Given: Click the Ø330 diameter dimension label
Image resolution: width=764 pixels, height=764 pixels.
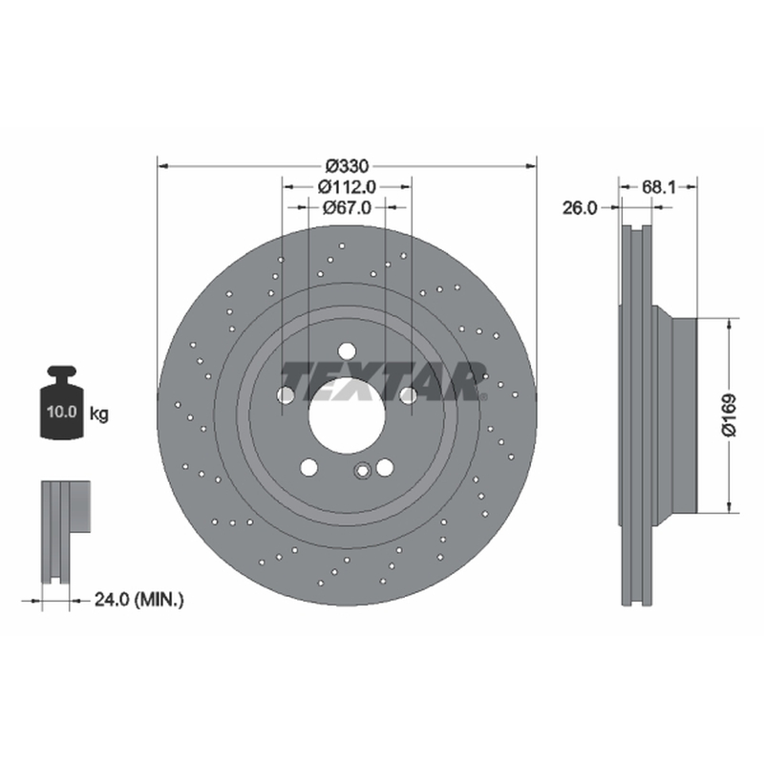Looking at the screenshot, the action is [347, 166].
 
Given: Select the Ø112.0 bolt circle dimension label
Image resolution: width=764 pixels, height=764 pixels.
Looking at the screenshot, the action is [347, 186].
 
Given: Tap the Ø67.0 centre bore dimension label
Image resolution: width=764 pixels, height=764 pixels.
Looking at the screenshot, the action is [347, 208].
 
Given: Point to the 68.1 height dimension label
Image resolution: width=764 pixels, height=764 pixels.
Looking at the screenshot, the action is [659, 186].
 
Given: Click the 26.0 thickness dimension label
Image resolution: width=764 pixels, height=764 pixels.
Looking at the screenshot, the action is [580, 208].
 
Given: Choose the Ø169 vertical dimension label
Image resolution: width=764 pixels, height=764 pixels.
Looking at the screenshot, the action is [730, 415].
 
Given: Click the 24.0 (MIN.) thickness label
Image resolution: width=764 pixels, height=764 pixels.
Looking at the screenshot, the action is [138, 600].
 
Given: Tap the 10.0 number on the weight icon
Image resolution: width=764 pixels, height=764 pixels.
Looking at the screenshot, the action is [62, 412].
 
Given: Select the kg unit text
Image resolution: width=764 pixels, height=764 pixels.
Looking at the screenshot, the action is [99, 414].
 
